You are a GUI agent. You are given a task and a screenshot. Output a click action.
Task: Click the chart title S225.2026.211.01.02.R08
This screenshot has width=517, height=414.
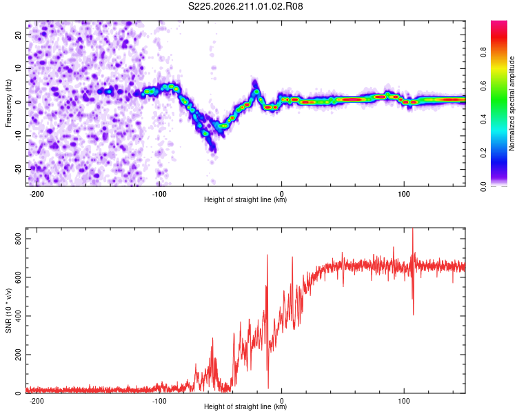[245, 6]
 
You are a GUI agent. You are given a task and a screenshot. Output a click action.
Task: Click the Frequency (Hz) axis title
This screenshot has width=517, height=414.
[8, 103]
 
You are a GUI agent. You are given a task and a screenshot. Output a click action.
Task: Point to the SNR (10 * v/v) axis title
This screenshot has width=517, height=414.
[8, 310]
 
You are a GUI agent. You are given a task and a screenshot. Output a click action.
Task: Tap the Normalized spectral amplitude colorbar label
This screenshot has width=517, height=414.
[511, 103]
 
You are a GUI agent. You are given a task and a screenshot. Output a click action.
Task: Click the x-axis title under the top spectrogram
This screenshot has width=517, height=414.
[245, 199]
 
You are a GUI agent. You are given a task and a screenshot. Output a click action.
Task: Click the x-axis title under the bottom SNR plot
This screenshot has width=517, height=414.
[245, 406]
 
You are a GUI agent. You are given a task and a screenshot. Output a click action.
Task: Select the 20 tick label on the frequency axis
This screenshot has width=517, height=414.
[19, 34]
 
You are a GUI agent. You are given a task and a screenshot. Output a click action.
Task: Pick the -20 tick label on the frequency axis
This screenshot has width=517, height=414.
[19, 169]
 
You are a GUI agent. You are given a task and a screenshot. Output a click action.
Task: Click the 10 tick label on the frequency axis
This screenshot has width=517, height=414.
[19, 68]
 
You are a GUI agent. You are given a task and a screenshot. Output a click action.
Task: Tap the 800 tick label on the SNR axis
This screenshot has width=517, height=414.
[19, 238]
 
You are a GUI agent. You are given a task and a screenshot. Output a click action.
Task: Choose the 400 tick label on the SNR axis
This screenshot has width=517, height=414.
[19, 316]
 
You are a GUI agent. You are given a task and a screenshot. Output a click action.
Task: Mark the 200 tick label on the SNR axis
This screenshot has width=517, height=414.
[19, 355]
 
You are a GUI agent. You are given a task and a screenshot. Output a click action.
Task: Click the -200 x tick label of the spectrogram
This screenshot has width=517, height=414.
[37, 194]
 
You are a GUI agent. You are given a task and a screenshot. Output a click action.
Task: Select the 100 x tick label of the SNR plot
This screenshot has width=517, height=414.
[404, 401]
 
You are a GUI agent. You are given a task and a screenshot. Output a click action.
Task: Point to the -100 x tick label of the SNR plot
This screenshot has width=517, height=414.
[159, 401]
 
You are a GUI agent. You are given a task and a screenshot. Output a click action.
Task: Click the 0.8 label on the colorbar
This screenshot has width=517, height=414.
[483, 52]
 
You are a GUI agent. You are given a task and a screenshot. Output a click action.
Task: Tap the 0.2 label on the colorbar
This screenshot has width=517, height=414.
[483, 153]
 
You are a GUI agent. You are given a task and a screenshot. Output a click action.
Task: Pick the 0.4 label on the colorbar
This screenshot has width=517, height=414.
[483, 119]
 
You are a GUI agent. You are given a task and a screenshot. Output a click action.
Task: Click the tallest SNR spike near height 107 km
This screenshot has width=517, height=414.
[413, 229]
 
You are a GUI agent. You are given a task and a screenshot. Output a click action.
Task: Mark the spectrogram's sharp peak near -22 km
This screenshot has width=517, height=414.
[255, 81]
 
